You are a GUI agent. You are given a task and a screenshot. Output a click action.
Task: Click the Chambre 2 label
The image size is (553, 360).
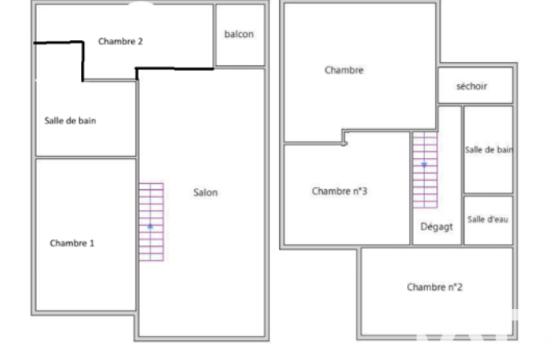(120, 42)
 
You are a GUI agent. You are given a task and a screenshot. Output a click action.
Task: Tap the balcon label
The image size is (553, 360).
(239, 35)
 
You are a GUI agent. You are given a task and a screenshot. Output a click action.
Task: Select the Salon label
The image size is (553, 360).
(205, 193)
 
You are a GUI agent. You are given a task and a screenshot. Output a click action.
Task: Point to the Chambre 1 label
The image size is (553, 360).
(72, 243)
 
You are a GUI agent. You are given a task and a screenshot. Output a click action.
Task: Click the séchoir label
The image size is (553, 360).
(471, 86)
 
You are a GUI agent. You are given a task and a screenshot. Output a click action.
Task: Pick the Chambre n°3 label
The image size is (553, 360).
(339, 191)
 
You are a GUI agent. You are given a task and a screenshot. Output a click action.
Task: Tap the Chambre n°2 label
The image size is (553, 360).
(434, 287)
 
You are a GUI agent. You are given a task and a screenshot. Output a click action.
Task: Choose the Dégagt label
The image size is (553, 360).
(437, 227)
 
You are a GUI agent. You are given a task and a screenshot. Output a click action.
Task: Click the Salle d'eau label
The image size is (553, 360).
(488, 219)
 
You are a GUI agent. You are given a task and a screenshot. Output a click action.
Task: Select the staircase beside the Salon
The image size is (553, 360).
(151, 222)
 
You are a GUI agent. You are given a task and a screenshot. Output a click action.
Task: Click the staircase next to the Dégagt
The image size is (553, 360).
(425, 170)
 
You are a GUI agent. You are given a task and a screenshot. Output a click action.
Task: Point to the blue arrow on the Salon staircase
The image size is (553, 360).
(150, 226)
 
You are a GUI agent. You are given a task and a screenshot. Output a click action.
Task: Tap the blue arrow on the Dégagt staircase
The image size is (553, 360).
(424, 165)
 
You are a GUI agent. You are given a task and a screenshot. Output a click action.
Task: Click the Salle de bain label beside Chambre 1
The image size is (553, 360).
(70, 121)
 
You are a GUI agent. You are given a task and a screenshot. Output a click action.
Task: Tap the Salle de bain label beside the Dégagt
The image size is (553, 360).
(489, 149)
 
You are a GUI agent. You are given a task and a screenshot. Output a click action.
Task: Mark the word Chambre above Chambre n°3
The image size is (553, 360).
(344, 70)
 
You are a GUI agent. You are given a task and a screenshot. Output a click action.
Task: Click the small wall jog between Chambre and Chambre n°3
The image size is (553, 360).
(345, 137)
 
